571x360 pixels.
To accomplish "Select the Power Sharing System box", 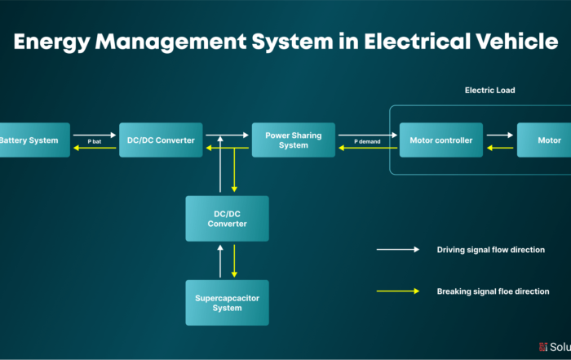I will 293,140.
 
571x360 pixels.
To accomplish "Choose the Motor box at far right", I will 547,140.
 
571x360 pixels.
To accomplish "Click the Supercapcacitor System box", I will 227,303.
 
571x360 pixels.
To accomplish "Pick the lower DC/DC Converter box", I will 227,218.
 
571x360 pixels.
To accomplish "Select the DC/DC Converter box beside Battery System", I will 161,140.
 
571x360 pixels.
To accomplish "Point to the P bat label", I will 95,141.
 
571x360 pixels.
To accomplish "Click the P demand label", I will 367,141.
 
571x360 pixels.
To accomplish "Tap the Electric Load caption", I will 489,90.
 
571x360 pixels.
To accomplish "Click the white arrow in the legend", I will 397,250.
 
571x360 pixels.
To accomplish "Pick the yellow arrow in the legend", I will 397,291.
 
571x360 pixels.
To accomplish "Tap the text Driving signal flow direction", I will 490,250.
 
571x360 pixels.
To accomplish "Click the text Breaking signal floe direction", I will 493,291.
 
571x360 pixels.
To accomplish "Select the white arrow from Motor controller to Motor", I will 499,135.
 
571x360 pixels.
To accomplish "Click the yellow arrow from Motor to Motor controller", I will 499,148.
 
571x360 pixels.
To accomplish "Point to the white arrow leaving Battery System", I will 94,135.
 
